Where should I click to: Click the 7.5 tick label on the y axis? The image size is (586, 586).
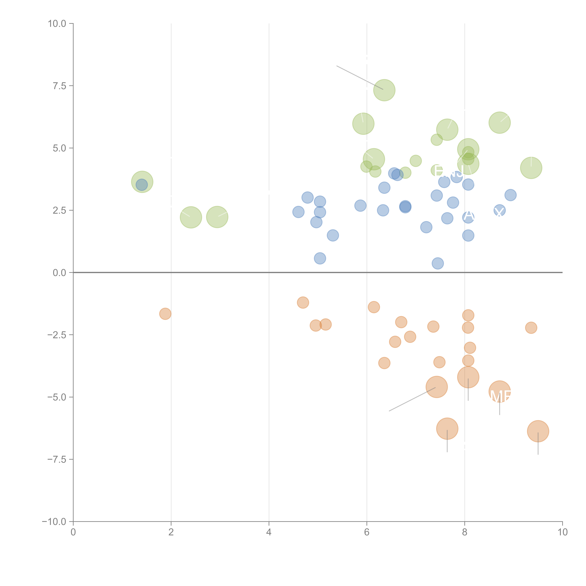[x=59, y=86]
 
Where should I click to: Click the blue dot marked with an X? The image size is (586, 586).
[x=499, y=210]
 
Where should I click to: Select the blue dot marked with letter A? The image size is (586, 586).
[x=468, y=217]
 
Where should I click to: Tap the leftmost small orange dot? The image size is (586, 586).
[x=165, y=314]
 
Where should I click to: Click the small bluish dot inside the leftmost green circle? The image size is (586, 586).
[x=142, y=185]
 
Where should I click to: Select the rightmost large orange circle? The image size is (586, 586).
[x=538, y=431]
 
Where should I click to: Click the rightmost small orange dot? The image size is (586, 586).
[x=531, y=328]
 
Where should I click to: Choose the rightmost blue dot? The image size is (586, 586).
[x=511, y=195]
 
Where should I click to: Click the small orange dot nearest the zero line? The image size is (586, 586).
[x=303, y=302]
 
